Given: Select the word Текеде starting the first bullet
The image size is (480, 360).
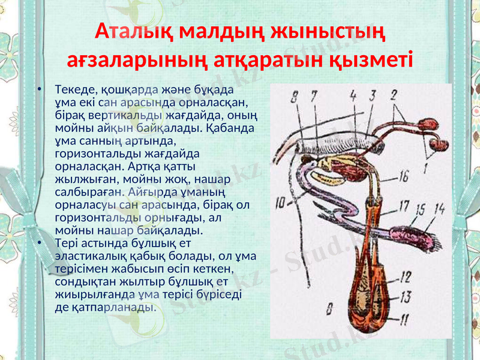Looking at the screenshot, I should [x=74, y=90].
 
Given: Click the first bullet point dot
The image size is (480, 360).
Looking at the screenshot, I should [x=38, y=90].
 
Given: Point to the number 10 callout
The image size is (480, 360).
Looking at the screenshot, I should [x=279, y=204].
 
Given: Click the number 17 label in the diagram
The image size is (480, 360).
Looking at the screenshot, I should [x=404, y=206].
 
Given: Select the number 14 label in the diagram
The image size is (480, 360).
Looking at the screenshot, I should [x=440, y=208].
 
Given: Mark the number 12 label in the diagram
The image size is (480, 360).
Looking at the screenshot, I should [x=406, y=277].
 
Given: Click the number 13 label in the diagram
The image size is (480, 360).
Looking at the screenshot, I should [x=406, y=296].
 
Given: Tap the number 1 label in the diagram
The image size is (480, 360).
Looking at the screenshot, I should [x=425, y=167].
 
